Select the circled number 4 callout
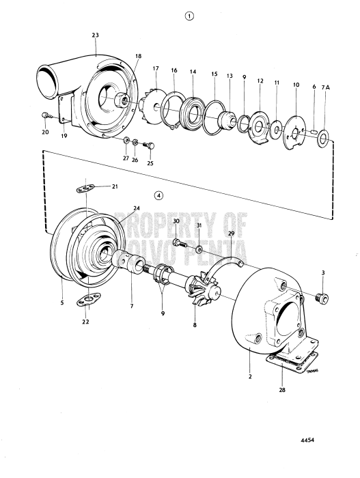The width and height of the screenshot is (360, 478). (158, 195)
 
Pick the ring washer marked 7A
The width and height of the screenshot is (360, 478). (323, 143)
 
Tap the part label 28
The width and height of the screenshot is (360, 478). (282, 391)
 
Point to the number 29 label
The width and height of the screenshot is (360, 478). (230, 234)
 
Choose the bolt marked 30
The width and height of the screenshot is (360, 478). (178, 242)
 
